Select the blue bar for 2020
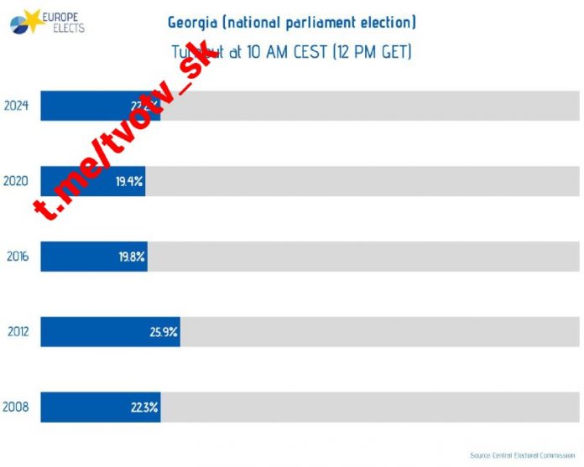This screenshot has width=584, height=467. pyautogui.click(x=92, y=181)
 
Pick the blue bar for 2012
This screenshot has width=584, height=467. pyautogui.click(x=109, y=332)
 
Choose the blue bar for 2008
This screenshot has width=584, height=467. pyautogui.click(x=100, y=407)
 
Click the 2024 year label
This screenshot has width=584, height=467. pyautogui.click(x=17, y=106)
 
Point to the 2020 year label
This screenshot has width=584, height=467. pyautogui.click(x=17, y=181)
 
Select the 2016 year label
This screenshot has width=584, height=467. pyautogui.click(x=17, y=257)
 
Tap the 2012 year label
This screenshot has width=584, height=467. pyautogui.click(x=17, y=332)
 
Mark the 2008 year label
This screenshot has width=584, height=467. pyautogui.click(x=17, y=407)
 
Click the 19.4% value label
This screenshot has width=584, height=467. pyautogui.click(x=130, y=181)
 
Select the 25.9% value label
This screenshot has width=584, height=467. pyautogui.click(x=164, y=332)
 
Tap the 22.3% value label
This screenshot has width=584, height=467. pyautogui.click(x=144, y=407)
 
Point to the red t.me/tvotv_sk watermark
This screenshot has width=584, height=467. pyautogui.click(x=126, y=134)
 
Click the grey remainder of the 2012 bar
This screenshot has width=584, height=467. pyautogui.click(x=378, y=332)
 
